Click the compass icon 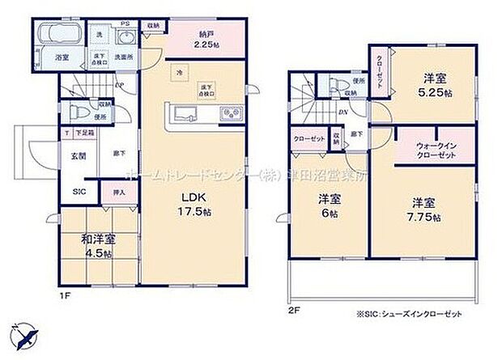(x=23, y=333)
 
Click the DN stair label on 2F (x=343, y=113)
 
